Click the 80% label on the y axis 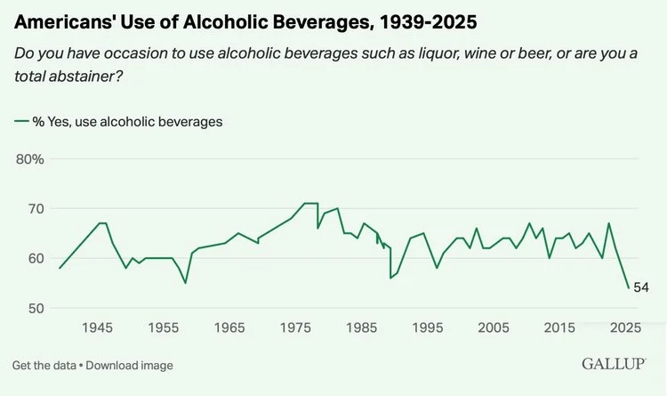30,159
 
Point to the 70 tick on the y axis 35,209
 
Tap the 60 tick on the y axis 35,259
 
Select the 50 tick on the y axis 35,309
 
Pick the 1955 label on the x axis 163,328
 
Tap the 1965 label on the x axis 229,328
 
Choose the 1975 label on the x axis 295,328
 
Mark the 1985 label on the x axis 361,328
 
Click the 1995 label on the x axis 428,328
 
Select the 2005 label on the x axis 494,328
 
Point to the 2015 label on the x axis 560,328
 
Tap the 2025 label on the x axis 626,328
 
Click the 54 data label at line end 641,287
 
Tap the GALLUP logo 614,365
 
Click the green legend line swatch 20,122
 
